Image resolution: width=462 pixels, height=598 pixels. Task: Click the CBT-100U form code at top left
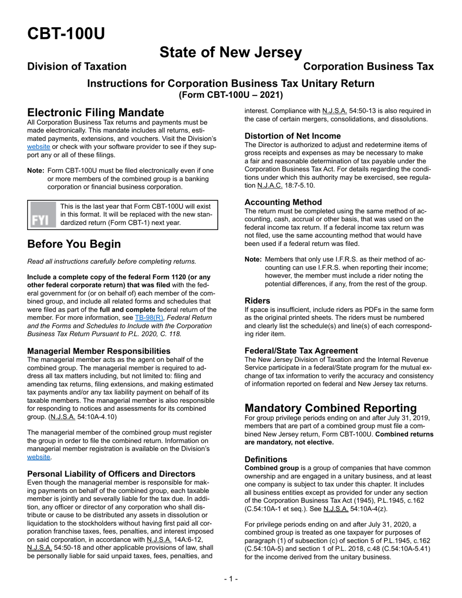click(x=66, y=34)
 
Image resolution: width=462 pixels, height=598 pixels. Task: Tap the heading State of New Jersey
click(x=231, y=52)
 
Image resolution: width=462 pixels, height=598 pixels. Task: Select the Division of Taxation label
click(x=77, y=67)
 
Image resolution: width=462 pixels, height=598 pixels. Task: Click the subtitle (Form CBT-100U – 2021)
click(x=231, y=95)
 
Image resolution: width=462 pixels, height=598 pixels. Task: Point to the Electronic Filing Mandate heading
click(x=96, y=113)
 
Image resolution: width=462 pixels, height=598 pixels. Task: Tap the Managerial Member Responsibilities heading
click(x=99, y=351)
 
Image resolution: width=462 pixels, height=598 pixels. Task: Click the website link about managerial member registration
click(x=38, y=457)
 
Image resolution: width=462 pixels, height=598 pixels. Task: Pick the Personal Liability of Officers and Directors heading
click(x=111, y=474)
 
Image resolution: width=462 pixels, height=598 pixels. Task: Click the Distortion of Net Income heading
click(x=292, y=136)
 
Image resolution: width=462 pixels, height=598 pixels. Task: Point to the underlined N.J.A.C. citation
click(x=256, y=186)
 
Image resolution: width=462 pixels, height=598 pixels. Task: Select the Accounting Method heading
click(x=283, y=202)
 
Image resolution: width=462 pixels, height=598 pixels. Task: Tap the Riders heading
click(x=257, y=301)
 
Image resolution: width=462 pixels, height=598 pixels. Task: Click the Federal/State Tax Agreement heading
click(x=301, y=351)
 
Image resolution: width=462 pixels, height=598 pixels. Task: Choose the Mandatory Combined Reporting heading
click(x=331, y=408)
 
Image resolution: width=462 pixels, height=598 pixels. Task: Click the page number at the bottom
click(x=231, y=579)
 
